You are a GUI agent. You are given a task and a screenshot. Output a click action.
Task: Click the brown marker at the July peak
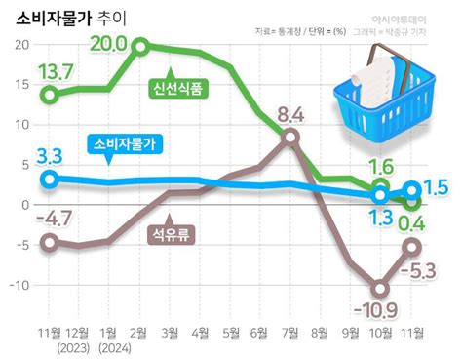[x=289, y=138]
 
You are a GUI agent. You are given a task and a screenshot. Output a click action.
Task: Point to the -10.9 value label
[x=375, y=311]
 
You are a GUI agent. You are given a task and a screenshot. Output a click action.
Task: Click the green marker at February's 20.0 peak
[x=140, y=47]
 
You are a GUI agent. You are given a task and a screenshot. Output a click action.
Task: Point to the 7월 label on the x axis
[x=289, y=333]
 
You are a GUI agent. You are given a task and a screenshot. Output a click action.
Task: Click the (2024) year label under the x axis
[x=110, y=348]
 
